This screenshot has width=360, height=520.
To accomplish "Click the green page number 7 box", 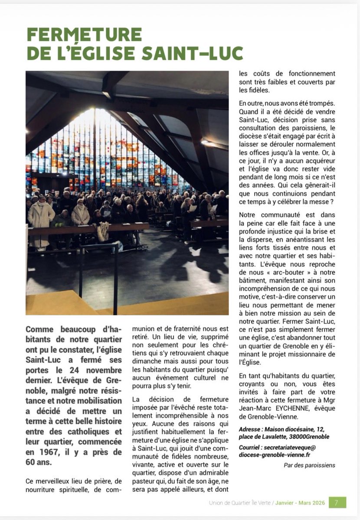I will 337,502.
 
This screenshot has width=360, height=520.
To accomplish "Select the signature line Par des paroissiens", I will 309,465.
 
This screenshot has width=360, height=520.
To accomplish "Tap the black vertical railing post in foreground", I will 115,277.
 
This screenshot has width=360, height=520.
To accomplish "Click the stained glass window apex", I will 95,114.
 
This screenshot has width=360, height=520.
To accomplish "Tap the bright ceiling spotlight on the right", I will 204,142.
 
